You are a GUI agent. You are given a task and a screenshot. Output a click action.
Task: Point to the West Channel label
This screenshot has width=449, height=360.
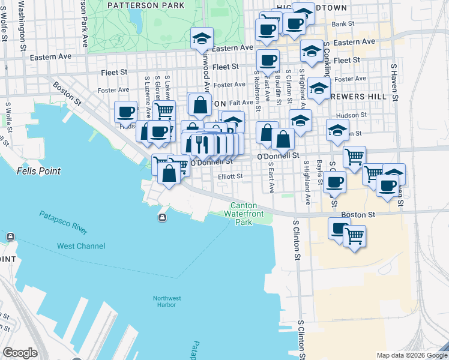pyautogui.click(x=81, y=246)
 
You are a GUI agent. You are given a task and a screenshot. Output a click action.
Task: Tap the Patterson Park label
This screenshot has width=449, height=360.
pyautogui.click(x=146, y=5)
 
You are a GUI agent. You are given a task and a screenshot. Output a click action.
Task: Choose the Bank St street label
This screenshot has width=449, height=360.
pyautogui.click(x=343, y=24)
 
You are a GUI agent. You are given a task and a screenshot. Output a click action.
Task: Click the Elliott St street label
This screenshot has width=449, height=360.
pyautogui.click(x=231, y=176)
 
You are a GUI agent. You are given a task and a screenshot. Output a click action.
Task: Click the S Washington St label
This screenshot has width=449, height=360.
pyautogui.click(x=22, y=28)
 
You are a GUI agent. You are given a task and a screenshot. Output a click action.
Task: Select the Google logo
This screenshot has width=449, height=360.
pyautogui.click(x=20, y=352)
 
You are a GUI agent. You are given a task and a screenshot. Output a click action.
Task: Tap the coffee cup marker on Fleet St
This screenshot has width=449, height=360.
pyautogui.click(x=268, y=59)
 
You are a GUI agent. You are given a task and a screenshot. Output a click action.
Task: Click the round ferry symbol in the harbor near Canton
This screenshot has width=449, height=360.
pyautogui.click(x=162, y=217)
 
